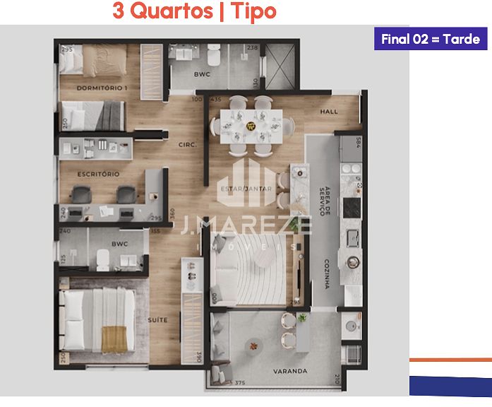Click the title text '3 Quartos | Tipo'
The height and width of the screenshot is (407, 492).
click(x=194, y=12)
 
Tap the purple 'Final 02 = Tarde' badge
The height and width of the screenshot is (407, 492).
click(x=430, y=39)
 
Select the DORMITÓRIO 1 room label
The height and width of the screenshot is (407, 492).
click(x=102, y=88)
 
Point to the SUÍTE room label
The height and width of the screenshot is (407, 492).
click(x=157, y=320)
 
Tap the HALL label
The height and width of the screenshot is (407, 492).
click(x=329, y=112)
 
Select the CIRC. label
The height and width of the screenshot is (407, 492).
click(x=188, y=146)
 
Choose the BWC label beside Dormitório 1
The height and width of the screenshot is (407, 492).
click(x=203, y=74)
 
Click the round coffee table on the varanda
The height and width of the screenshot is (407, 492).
click(x=253, y=346)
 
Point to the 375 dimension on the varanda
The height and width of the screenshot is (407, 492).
click(x=239, y=384)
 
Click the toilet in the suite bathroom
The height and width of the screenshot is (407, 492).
click(x=102, y=262)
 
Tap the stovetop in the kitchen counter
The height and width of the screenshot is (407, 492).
click(x=351, y=208)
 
